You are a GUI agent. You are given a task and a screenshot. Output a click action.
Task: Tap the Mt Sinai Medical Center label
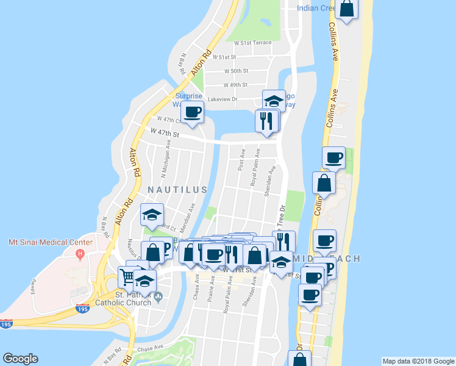pyautogui.click(x=50, y=242)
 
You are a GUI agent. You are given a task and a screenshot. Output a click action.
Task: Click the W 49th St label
pyautogui.click(x=235, y=85)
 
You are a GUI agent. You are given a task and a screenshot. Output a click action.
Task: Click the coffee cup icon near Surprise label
pyautogui.click(x=193, y=112)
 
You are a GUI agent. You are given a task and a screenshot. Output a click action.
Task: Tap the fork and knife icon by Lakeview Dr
pyautogui.click(x=266, y=120)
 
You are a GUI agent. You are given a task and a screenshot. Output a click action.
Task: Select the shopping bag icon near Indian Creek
pyautogui.click(x=346, y=9)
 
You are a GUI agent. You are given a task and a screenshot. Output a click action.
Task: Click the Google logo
pyautogui.click(x=20, y=359)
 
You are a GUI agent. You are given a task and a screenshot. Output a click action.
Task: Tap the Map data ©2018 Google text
pyautogui.click(x=418, y=361)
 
